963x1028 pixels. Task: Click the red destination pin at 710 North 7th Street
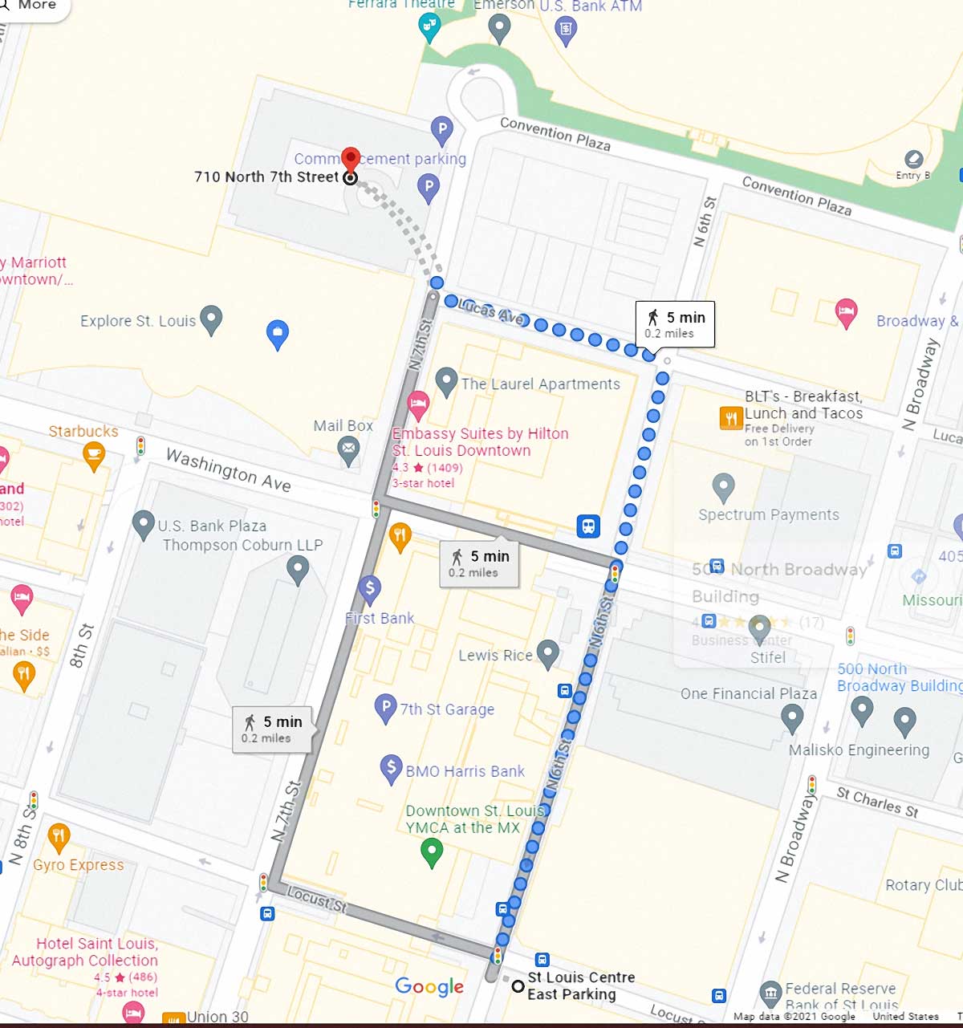pyautogui.click(x=350, y=160)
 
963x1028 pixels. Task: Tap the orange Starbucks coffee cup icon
pyautogui.click(x=94, y=455)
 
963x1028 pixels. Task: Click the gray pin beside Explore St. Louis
pyautogui.click(x=211, y=319)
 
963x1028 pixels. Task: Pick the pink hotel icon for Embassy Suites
pyautogui.click(x=417, y=404)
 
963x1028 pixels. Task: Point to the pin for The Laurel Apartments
pyautogui.click(x=446, y=381)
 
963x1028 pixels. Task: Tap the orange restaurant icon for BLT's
pyautogui.click(x=731, y=418)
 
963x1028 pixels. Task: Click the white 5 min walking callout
pyautogui.click(x=675, y=324)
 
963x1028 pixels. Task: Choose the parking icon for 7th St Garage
pyautogui.click(x=386, y=708)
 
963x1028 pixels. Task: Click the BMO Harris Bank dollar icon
pyautogui.click(x=391, y=769)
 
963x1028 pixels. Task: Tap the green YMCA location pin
pyautogui.click(x=432, y=852)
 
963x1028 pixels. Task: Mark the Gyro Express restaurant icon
pyautogui.click(x=58, y=837)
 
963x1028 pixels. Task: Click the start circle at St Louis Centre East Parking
pyautogui.click(x=518, y=986)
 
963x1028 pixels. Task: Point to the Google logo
pyautogui.click(x=429, y=986)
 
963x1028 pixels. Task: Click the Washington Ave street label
pyautogui.click(x=228, y=469)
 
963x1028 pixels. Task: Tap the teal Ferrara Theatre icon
pyautogui.click(x=430, y=28)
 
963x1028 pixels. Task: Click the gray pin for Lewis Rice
pyautogui.click(x=547, y=654)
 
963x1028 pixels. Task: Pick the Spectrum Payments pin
pyautogui.click(x=723, y=486)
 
